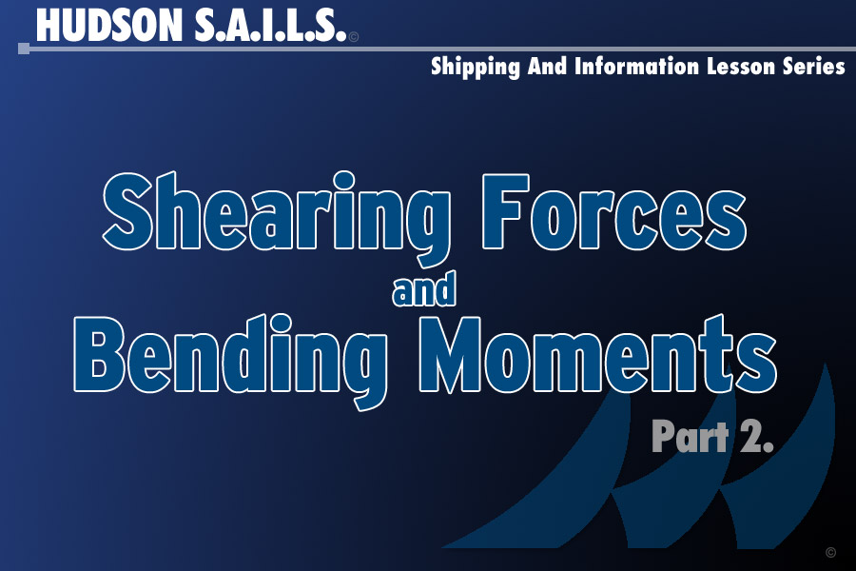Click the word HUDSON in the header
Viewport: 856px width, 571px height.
[108, 26]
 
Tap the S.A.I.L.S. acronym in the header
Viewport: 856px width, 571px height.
[270, 26]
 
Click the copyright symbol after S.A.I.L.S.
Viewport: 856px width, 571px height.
[354, 37]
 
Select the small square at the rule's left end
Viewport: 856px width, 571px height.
[24, 49]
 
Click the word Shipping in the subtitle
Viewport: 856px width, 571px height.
[475, 68]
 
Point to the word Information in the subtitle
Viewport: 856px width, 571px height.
[636, 66]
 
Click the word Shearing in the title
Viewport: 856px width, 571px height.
[277, 219]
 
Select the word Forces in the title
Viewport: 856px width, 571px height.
[614, 212]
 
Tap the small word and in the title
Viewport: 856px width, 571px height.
[424, 289]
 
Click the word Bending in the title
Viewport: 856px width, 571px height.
[231, 362]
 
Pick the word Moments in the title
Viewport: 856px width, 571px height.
[598, 354]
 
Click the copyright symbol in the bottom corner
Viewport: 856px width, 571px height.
[830, 552]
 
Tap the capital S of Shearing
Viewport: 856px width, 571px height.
[127, 211]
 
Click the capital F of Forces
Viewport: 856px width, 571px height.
[506, 211]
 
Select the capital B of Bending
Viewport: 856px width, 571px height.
[99, 354]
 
